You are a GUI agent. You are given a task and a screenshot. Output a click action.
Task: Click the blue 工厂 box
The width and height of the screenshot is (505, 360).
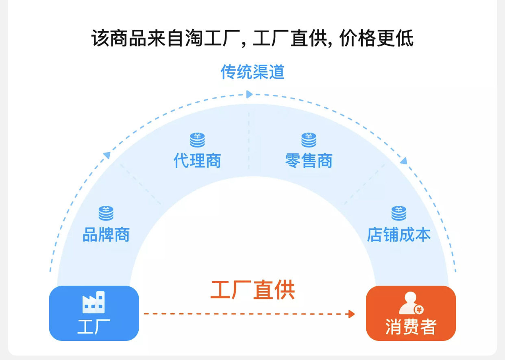tap(94, 313)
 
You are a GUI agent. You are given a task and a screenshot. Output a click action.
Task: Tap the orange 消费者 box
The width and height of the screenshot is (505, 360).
tap(411, 313)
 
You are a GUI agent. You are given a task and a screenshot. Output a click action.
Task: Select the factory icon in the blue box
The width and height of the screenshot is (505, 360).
tap(94, 302)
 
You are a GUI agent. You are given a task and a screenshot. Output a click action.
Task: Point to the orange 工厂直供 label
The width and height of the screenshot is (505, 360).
tap(252, 290)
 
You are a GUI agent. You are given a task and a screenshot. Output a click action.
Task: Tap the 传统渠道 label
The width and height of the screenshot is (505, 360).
tap(252, 72)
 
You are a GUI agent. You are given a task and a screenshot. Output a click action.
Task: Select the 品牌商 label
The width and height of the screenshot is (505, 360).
tap(106, 235)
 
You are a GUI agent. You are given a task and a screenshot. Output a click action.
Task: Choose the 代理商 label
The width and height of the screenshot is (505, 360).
tap(197, 161)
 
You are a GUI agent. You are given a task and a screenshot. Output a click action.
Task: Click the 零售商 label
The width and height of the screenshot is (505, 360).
tap(309, 161)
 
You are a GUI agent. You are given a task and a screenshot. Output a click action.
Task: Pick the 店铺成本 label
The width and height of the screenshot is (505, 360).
tap(398, 235)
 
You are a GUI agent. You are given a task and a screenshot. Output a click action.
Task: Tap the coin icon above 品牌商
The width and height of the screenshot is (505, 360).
tap(106, 213)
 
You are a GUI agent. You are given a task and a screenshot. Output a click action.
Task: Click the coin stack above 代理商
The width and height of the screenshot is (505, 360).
tap(197, 140)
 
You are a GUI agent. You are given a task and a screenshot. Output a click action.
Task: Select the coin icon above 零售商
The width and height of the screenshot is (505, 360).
tap(309, 140)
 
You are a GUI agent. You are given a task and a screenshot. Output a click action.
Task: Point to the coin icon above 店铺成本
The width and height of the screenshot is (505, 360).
tap(398, 213)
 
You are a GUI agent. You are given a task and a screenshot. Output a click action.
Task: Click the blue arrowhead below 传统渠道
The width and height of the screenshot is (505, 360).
tap(249, 94)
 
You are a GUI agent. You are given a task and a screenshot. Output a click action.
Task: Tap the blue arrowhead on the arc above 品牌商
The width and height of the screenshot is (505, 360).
tap(107, 155)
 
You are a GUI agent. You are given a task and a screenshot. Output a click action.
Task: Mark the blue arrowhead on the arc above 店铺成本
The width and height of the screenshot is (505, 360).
tap(403, 161)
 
